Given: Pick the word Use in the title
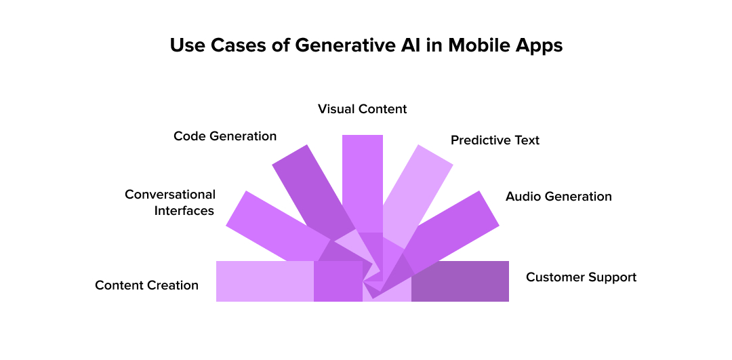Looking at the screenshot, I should pos(187,45).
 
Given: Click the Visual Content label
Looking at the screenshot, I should pos(363,109).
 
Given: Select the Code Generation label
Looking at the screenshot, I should pos(225,136).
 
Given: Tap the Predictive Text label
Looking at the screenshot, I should pos(495,140).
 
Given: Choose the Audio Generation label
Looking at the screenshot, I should pos(558,197).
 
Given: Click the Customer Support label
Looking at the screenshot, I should pos(581,277).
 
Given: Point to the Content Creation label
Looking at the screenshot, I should pos(146,285).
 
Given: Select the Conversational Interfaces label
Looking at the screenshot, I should pos(170,203).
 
